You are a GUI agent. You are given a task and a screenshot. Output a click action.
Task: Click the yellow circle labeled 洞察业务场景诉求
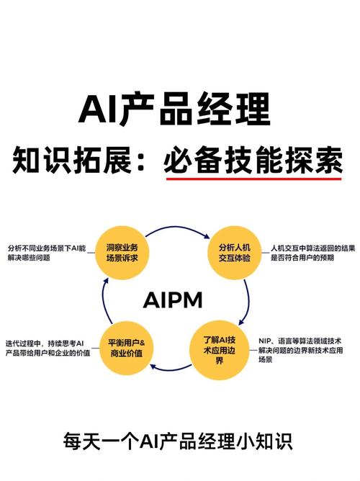(x=122, y=251)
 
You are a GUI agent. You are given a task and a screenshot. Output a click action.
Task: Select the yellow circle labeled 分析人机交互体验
(x=234, y=251)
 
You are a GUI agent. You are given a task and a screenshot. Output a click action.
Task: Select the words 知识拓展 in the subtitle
(x=61, y=159)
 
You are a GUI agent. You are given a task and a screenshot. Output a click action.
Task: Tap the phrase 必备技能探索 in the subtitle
(x=253, y=159)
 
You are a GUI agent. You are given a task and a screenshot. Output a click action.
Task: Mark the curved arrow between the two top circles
(x=178, y=229)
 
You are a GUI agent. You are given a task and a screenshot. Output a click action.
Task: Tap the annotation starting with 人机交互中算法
(x=312, y=252)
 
